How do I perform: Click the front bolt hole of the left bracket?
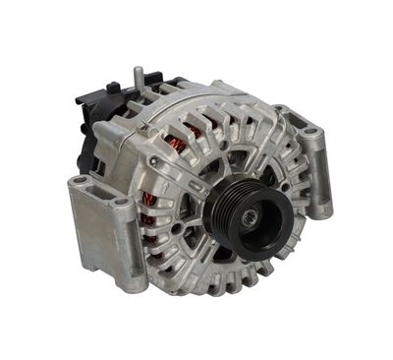[121, 203]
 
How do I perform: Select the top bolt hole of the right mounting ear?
[309, 131]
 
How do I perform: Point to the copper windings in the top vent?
[177, 146]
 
